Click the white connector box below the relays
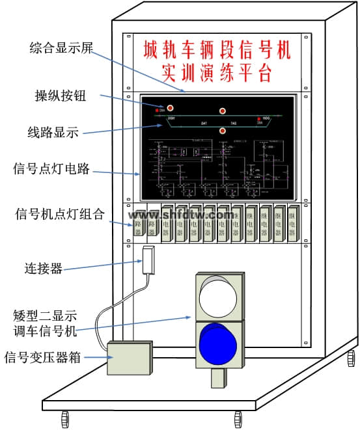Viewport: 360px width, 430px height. point(147,259)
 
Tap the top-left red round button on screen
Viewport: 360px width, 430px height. point(171,107)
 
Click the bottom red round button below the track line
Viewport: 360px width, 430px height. point(223,131)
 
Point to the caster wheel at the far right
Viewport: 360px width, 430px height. point(351,358)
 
